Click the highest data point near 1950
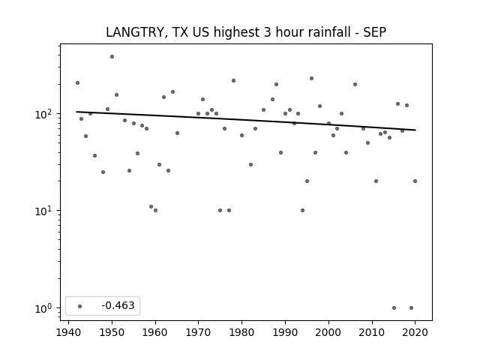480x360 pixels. [112, 57]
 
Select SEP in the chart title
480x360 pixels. [375, 32]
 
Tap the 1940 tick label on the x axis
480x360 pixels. [68, 332]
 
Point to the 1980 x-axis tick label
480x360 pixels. [241, 332]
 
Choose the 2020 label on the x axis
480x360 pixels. [415, 332]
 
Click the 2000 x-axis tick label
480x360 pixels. [328, 332]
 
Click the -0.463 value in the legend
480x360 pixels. [118, 305]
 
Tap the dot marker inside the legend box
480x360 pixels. [80, 306]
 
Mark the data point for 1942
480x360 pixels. [77, 83]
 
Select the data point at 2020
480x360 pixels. [415, 181]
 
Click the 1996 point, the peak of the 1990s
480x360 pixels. [312, 78]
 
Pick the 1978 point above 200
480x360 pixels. [233, 81]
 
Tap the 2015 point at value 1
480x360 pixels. [394, 308]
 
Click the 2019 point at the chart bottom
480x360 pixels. [411, 308]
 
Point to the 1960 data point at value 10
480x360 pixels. [155, 210]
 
